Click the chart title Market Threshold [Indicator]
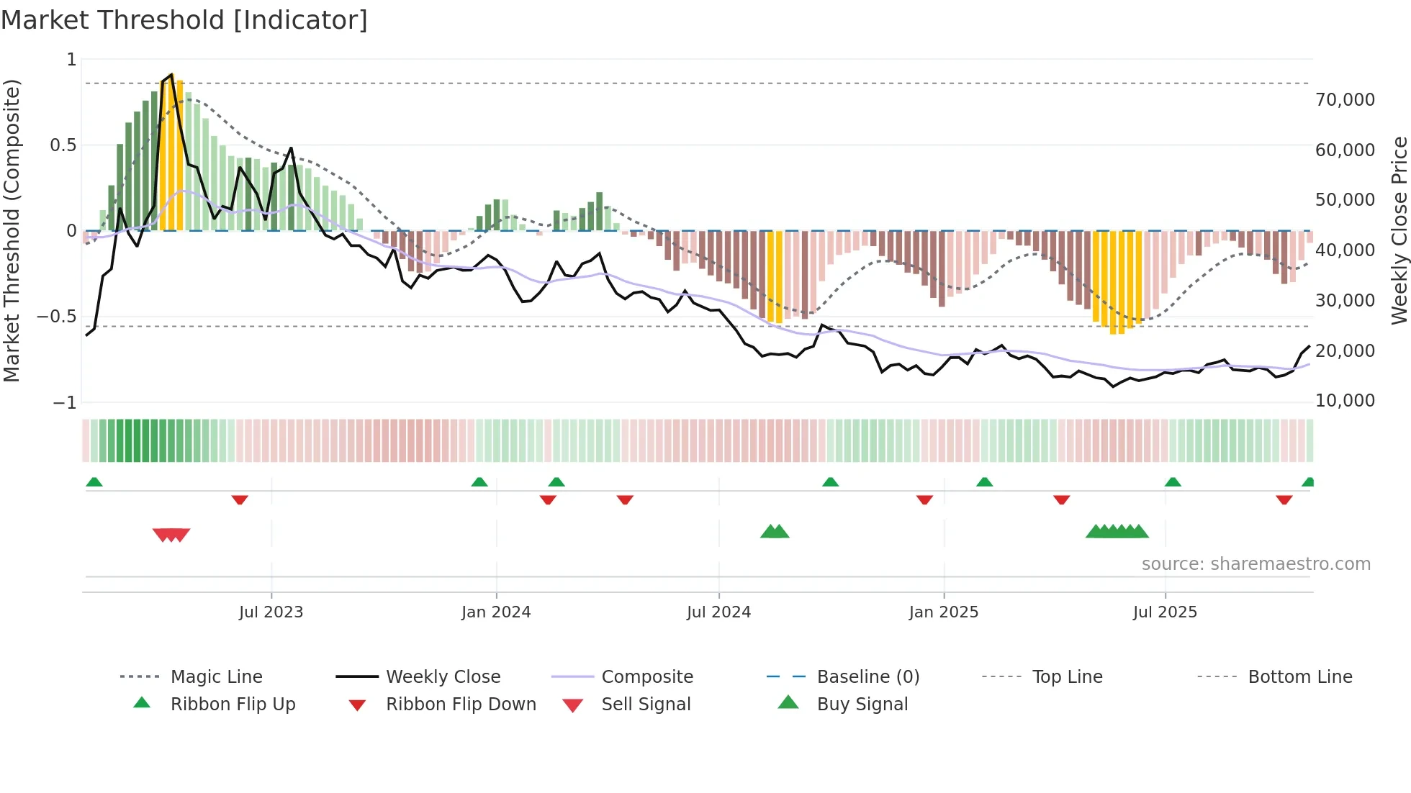point(184,20)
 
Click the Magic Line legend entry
point(216,676)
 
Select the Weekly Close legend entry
point(443,676)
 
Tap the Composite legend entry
point(646,676)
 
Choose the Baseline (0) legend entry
point(867,676)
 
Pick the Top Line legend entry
point(1067,676)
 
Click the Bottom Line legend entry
point(1299,676)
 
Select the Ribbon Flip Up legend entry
point(233,704)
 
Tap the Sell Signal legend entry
point(646,704)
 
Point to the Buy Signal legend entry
point(862,704)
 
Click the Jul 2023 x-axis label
point(271,612)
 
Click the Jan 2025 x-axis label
point(943,612)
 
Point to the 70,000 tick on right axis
point(1345,100)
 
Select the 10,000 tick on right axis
point(1345,401)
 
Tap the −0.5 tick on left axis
point(57,317)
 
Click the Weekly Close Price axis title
point(1399,230)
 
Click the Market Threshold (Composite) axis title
point(12,230)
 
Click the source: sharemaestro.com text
point(1256,564)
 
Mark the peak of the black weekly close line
point(171,74)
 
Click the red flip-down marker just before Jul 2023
point(240,499)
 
